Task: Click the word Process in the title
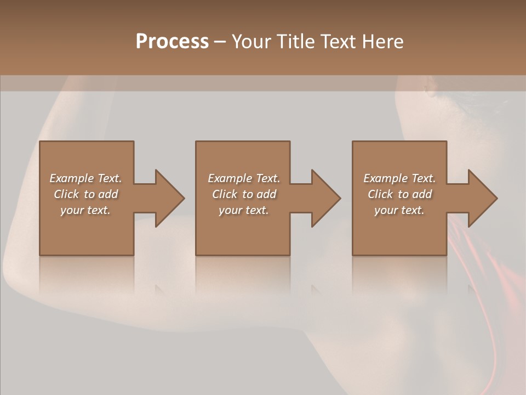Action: point(172,42)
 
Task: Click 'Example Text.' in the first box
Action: point(85,178)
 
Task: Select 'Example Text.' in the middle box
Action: point(244,178)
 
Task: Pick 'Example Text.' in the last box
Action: point(399,178)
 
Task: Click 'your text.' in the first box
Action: point(85,210)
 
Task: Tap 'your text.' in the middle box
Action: point(244,210)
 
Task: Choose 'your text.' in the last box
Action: point(399,210)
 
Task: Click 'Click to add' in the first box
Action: point(85,194)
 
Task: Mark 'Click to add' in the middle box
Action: point(244,194)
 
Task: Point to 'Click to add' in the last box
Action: point(399,194)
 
